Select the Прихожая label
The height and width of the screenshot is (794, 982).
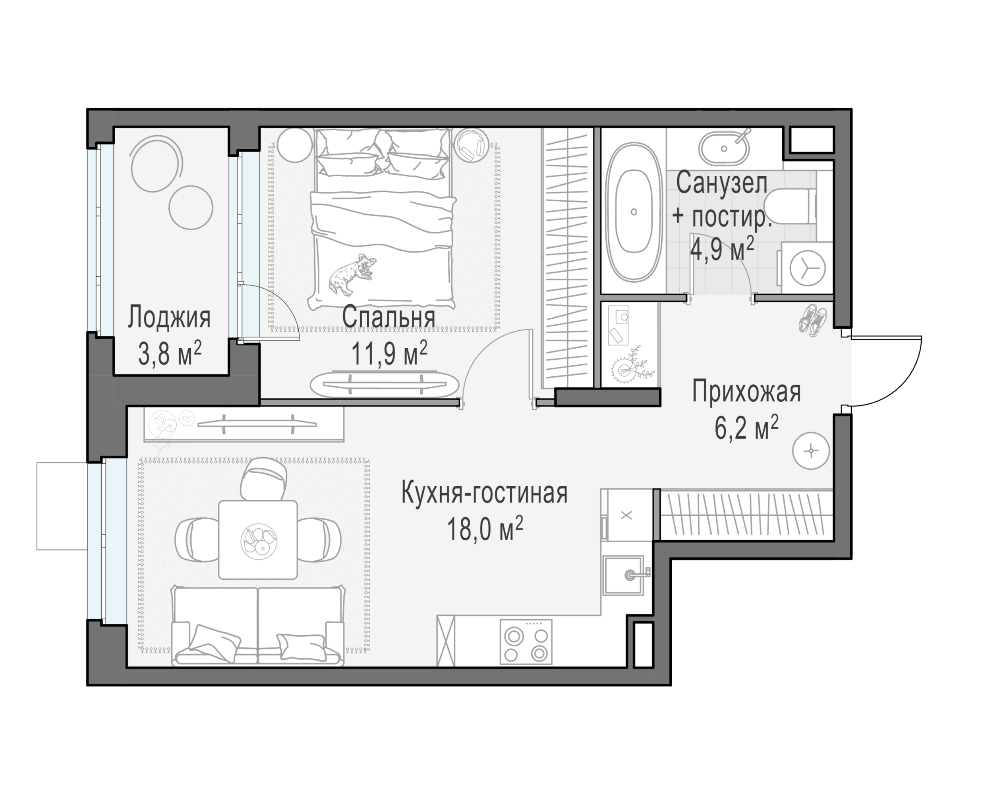pyautogui.click(x=746, y=392)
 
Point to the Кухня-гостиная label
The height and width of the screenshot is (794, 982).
pyautogui.click(x=484, y=493)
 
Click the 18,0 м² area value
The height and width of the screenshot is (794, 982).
pyautogui.click(x=484, y=530)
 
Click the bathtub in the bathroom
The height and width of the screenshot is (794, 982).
pyautogui.click(x=634, y=211)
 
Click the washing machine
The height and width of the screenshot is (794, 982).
pyautogui.click(x=806, y=268)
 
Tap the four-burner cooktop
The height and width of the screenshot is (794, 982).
pyautogui.click(x=526, y=642)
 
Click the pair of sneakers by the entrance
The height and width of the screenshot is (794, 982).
pyautogui.click(x=813, y=320)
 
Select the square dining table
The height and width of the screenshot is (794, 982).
pyautogui.click(x=258, y=540)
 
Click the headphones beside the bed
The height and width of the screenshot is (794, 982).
pyautogui.click(x=471, y=145)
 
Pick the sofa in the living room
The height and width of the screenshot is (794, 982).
pyautogui.click(x=258, y=626)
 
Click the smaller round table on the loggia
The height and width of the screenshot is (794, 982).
pyautogui.click(x=190, y=207)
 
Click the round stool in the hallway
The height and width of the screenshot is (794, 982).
pyautogui.click(x=811, y=451)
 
